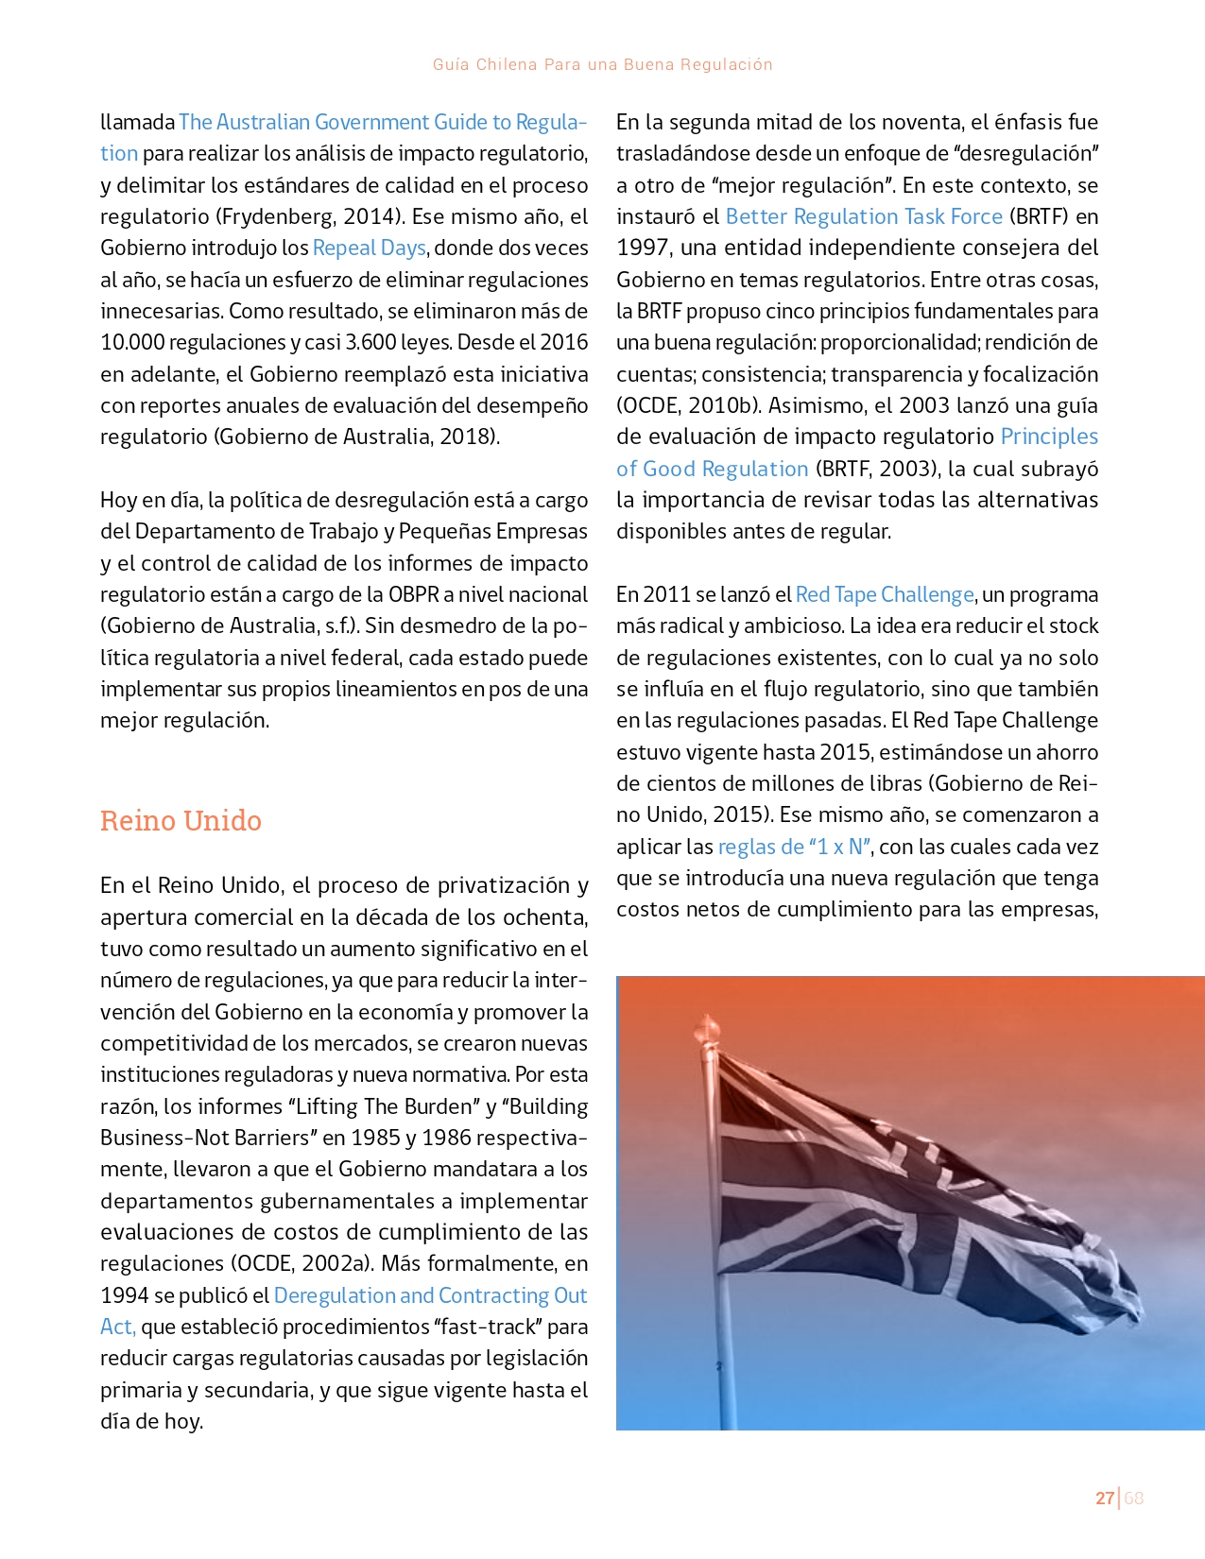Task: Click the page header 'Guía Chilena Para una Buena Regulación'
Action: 602,64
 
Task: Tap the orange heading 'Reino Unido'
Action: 181,820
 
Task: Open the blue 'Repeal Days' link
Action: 370,248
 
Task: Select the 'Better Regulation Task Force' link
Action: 864,216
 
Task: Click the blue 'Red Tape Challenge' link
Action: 885,594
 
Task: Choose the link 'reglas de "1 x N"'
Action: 794,847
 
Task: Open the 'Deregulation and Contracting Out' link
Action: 430,1295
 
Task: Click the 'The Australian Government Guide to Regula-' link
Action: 383,122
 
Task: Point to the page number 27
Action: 1104,1498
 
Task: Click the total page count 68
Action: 1134,1498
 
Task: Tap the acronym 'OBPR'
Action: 413,594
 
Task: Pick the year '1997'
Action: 643,248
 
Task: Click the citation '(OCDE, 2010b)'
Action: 688,405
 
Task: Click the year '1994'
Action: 124,1295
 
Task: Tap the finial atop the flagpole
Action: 706,1027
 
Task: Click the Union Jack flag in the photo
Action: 907,1209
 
